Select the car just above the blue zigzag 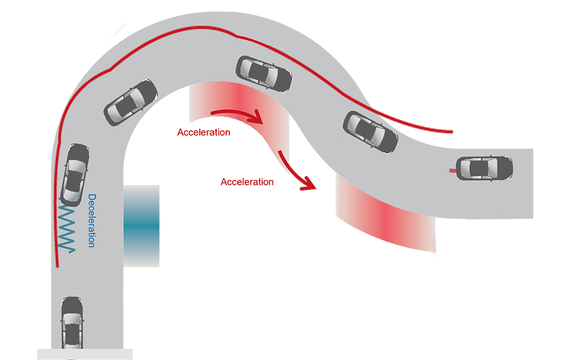click(75, 174)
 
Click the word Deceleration click(92, 221)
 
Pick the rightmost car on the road click(485, 168)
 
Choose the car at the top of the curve click(264, 73)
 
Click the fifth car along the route click(370, 131)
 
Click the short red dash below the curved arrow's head click(281, 158)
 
